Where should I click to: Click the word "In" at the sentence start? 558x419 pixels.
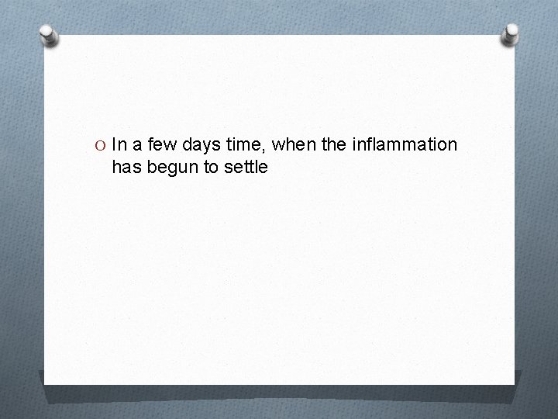119,145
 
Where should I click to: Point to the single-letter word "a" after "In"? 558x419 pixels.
139,146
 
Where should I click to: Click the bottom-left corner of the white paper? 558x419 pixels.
45,383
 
